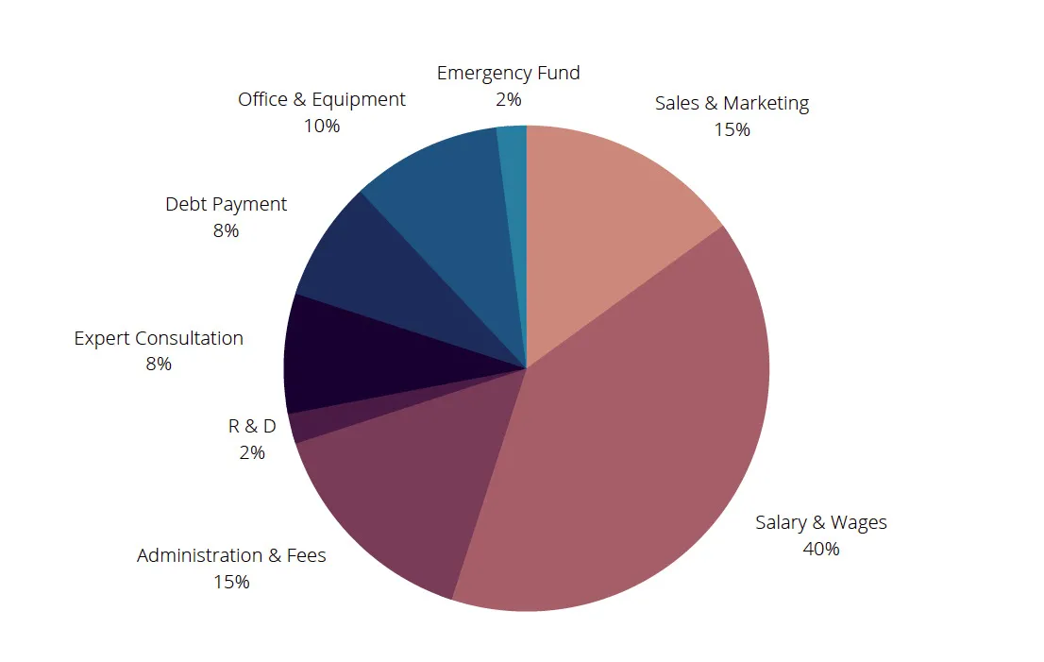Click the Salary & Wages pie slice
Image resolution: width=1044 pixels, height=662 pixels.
click(x=639, y=439)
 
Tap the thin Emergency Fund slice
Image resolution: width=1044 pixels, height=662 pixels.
click(x=514, y=200)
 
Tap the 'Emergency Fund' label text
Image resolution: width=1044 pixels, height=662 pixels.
click(x=508, y=73)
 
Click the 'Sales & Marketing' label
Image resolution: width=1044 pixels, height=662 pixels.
click(x=732, y=103)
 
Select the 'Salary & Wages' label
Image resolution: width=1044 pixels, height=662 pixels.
click(x=821, y=523)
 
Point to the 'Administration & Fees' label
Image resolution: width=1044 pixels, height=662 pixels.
click(x=231, y=555)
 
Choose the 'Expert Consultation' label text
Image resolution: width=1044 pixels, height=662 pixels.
click(x=159, y=338)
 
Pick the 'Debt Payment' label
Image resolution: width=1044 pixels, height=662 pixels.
click(x=226, y=205)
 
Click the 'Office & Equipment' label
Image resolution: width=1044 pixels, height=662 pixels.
click(x=322, y=100)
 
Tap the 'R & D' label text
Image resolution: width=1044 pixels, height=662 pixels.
click(x=252, y=426)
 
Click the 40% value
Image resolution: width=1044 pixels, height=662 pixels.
click(x=821, y=549)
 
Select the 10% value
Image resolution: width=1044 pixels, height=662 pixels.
click(x=322, y=126)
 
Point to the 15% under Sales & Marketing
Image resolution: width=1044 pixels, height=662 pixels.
click(x=732, y=130)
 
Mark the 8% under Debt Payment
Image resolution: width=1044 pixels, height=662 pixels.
click(x=226, y=231)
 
